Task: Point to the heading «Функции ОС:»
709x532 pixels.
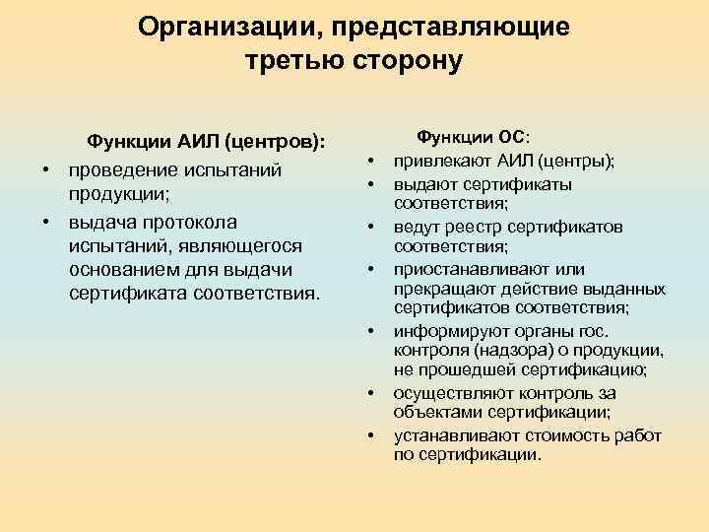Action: tap(474, 139)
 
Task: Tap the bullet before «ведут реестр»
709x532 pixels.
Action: tap(374, 228)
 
